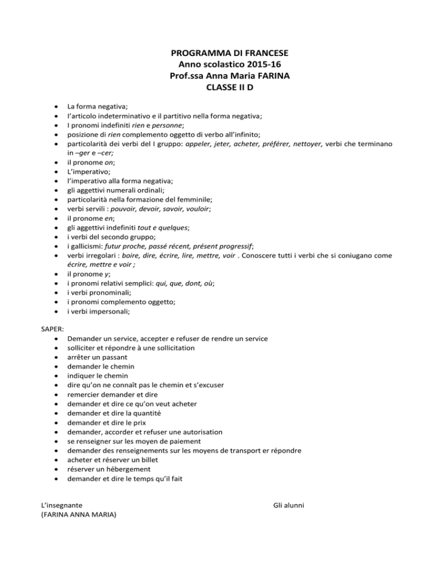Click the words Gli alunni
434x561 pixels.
point(288,503)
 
